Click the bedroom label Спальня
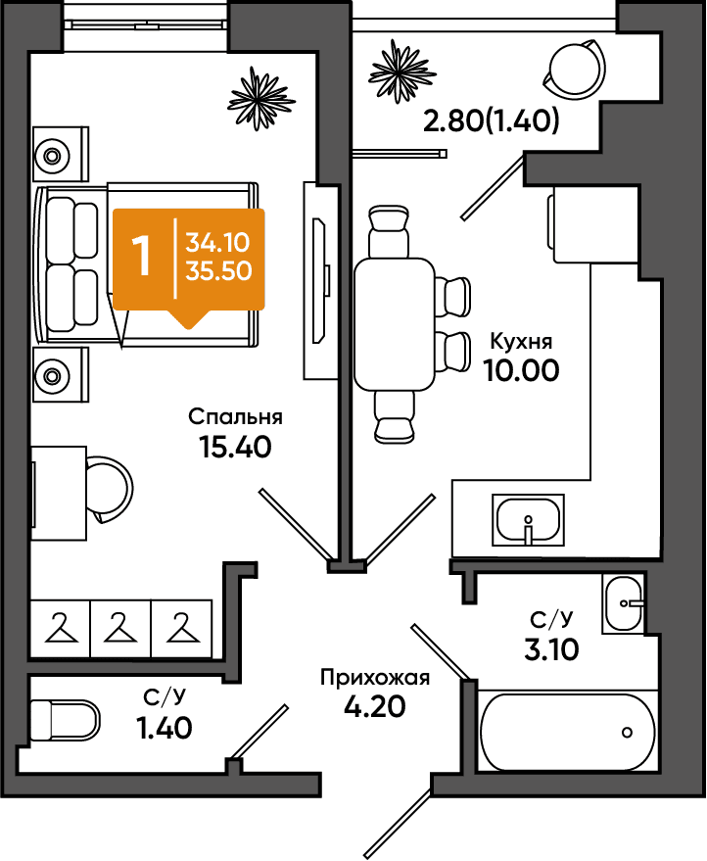tap(235, 417)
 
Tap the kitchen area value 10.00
tap(522, 370)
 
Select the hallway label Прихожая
tap(375, 679)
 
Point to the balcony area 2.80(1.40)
tap(492, 120)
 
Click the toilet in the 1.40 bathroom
tap(65, 719)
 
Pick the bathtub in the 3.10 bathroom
tap(568, 732)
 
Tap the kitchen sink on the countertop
tap(528, 520)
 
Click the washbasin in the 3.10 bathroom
tap(624, 603)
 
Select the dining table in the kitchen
tap(395, 324)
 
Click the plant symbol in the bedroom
tap(261, 99)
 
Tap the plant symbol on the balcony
tap(402, 72)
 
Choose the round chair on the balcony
tap(575, 70)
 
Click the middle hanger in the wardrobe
tap(120, 628)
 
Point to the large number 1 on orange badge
tap(142, 257)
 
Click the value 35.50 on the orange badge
tap(218, 270)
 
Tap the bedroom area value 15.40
tap(235, 447)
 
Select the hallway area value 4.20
tap(375, 706)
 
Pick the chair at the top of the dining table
tap(390, 230)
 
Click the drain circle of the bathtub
tap(627, 732)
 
